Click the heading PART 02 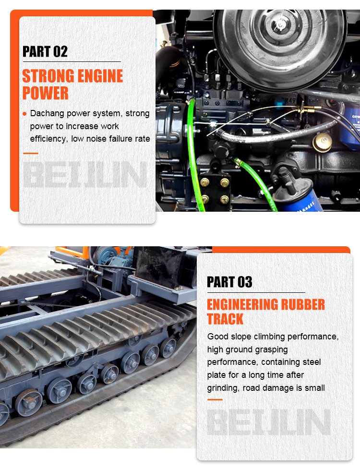(x=45, y=51)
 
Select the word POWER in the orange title (x=45, y=93)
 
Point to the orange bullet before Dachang (x=24, y=114)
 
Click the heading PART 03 (x=229, y=282)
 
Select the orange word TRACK (x=225, y=319)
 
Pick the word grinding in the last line (x=223, y=388)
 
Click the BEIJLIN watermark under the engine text (x=85, y=174)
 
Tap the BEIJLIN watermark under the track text (x=269, y=422)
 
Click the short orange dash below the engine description (x=31, y=153)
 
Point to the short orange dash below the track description (x=215, y=399)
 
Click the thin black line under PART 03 (x=256, y=292)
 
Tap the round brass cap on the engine (x=323, y=143)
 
